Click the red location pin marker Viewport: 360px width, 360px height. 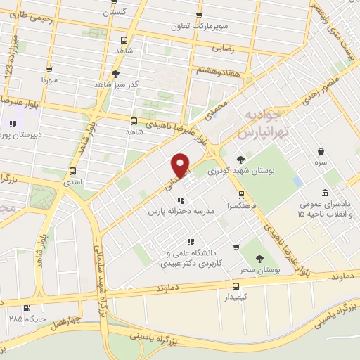coord(181,165)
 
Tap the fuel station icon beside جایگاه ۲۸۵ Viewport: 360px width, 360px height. coord(27,308)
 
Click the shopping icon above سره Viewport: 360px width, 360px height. coord(321,151)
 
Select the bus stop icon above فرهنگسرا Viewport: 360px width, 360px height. coord(241,194)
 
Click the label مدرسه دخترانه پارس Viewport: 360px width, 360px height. coord(180,210)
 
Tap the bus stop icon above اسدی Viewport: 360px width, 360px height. coord(73,169)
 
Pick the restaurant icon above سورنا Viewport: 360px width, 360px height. coord(49,70)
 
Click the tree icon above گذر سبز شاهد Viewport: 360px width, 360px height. coord(115,73)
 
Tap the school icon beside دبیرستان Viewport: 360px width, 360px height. coord(11,125)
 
